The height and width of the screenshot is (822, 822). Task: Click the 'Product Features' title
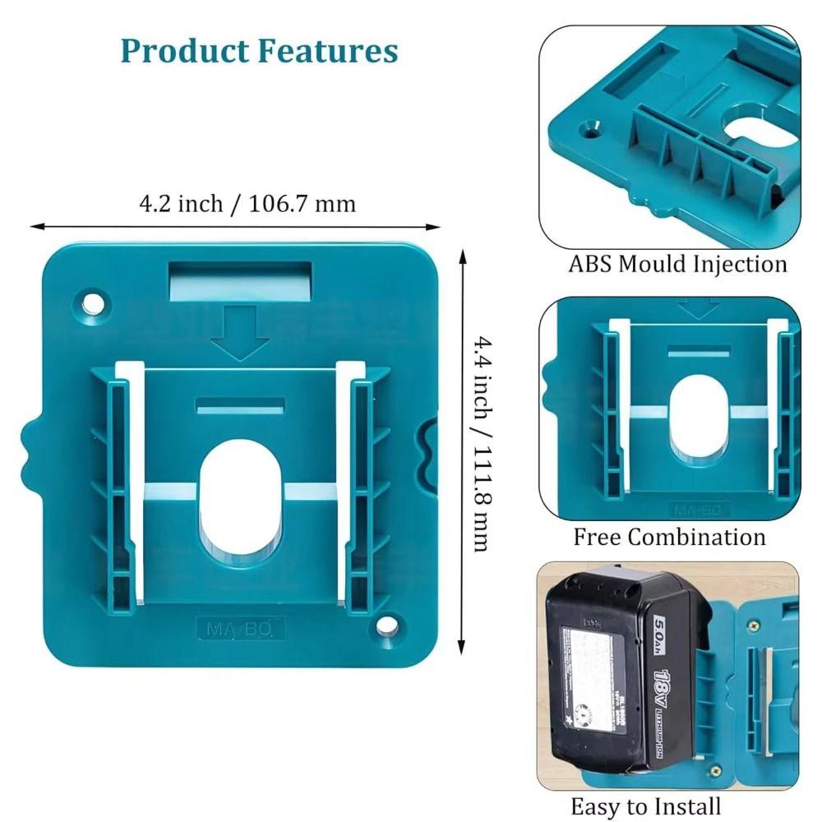pyautogui.click(x=259, y=51)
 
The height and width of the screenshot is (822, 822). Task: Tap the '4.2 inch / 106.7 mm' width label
pyautogui.click(x=247, y=203)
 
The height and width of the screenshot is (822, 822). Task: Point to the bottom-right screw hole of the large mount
pyautogui.click(x=387, y=626)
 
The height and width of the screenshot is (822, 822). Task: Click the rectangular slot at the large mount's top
pyautogui.click(x=240, y=280)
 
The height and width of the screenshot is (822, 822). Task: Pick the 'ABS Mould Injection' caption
pyautogui.click(x=677, y=265)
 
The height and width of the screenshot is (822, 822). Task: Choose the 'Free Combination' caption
pyautogui.click(x=669, y=538)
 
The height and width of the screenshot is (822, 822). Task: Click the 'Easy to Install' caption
pyautogui.click(x=645, y=806)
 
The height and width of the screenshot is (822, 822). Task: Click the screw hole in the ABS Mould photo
pyautogui.click(x=589, y=129)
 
